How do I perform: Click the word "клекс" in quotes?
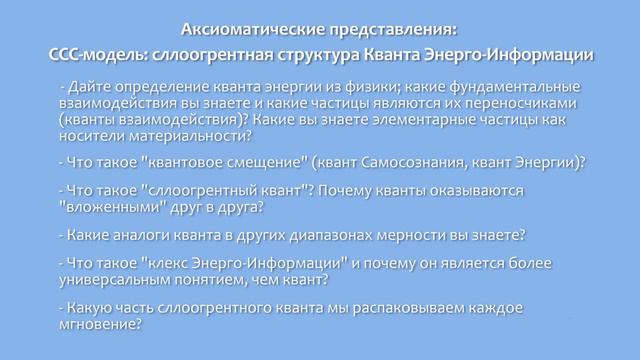point(169,263)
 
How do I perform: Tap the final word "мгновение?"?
point(99,324)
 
